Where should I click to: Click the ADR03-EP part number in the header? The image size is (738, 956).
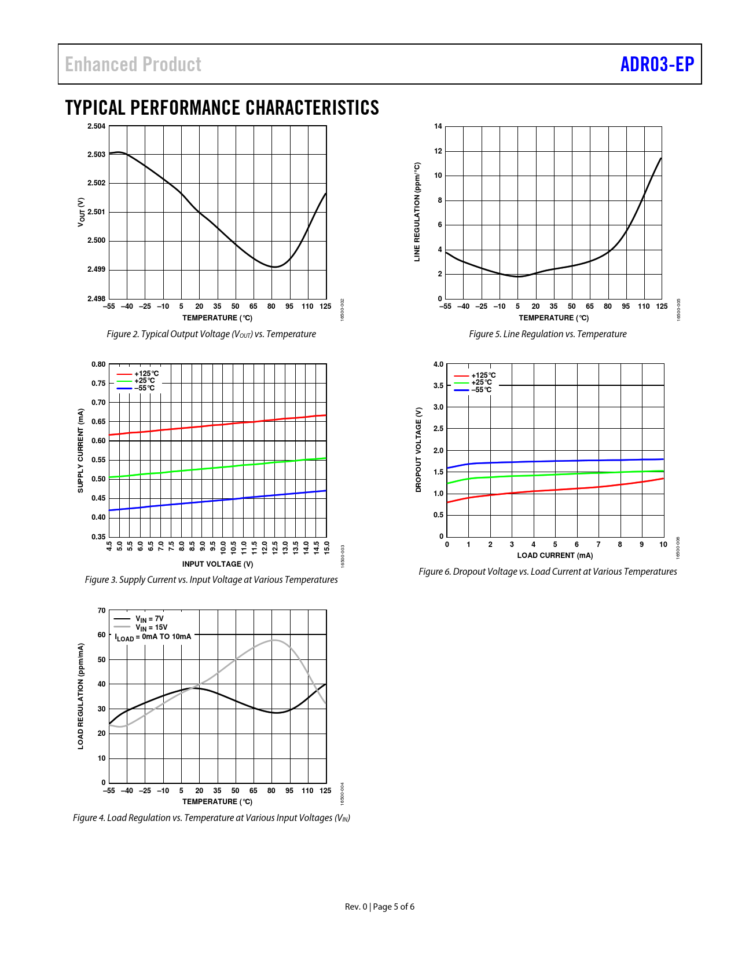[x=657, y=64]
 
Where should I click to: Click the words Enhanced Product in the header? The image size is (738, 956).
[x=133, y=64]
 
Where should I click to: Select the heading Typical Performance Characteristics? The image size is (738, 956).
[x=222, y=108]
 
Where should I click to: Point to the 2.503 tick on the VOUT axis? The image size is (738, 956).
[x=97, y=155]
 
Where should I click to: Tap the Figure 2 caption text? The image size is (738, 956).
[x=211, y=334]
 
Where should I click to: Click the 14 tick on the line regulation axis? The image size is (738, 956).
[x=438, y=126]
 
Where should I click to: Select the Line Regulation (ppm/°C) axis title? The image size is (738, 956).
[x=417, y=212]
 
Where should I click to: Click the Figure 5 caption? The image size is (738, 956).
[x=548, y=334]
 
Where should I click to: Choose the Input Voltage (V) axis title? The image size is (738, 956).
[x=218, y=564]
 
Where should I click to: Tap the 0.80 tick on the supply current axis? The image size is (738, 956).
[x=98, y=364]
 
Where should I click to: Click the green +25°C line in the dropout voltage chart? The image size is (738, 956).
[x=556, y=475]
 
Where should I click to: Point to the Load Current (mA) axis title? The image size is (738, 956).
[x=555, y=556]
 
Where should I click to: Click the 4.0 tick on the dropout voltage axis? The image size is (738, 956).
[x=438, y=364]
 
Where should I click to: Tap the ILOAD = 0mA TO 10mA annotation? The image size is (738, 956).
[x=153, y=637]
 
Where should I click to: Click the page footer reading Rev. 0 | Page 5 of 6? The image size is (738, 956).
[x=380, y=907]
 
